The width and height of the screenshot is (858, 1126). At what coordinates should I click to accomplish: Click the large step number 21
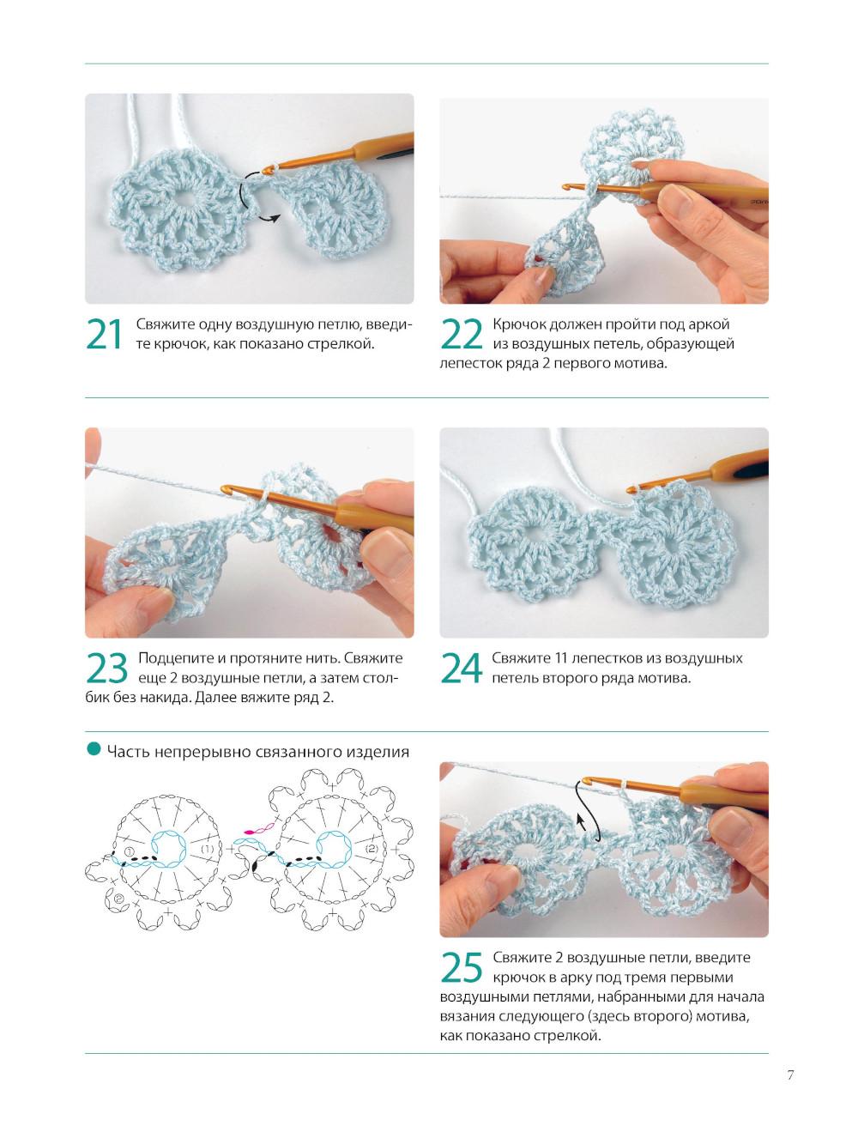pyautogui.click(x=104, y=334)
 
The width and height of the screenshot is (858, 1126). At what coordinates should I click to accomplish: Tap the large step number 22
pyautogui.click(x=461, y=334)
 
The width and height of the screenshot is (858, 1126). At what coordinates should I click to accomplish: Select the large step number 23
pyautogui.click(x=106, y=668)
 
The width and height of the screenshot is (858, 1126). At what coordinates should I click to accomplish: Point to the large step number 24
pyautogui.click(x=461, y=668)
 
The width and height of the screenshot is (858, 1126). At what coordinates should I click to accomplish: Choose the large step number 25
pyautogui.click(x=461, y=967)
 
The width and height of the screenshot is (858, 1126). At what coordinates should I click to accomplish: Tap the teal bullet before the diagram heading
pyautogui.click(x=94, y=749)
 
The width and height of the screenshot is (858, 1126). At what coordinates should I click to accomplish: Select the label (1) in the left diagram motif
pyautogui.click(x=207, y=850)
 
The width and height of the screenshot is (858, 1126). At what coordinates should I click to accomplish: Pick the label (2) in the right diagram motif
pyautogui.click(x=372, y=850)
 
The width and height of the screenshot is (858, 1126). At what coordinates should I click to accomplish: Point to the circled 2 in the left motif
pyautogui.click(x=118, y=899)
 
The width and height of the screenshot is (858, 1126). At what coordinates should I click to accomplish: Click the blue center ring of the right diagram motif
pyautogui.click(x=335, y=850)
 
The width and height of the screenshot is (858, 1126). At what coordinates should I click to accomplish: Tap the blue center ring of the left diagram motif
pyautogui.click(x=169, y=850)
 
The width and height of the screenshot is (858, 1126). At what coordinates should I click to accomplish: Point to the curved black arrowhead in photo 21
pyautogui.click(x=275, y=219)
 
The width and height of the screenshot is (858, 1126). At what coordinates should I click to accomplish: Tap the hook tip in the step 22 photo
pyautogui.click(x=566, y=187)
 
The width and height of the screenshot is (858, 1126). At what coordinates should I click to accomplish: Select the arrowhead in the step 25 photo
pyautogui.click(x=580, y=820)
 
